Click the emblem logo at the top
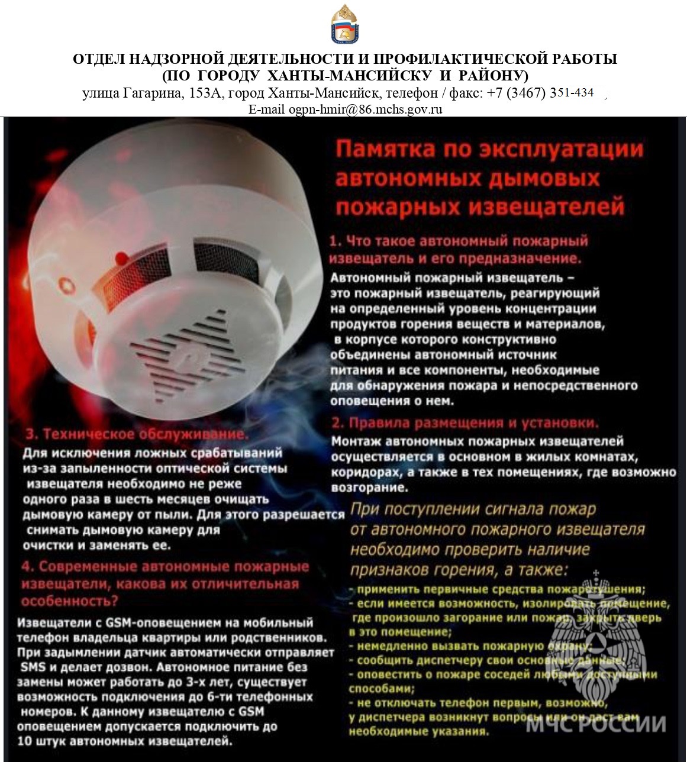tap(343, 24)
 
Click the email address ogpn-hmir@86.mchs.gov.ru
tap(365, 109)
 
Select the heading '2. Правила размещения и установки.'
tap(465, 423)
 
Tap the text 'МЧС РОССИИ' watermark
tap(596, 724)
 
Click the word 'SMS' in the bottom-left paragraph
tap(33, 667)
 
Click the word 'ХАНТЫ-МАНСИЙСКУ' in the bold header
tap(344, 76)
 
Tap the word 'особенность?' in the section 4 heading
tap(69, 601)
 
